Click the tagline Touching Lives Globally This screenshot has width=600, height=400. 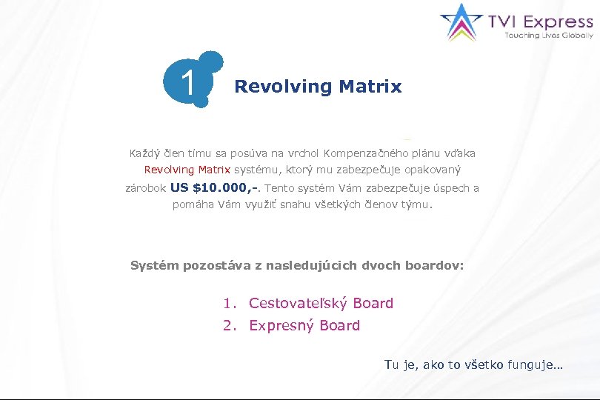click(549, 36)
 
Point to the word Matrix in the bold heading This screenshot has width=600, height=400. click(370, 87)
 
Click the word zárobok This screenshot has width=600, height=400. click(146, 188)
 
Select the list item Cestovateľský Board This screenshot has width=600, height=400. click(321, 303)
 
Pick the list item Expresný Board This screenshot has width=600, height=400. click(304, 325)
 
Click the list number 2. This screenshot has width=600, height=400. click(229, 325)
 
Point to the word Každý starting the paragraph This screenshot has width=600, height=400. click(146, 154)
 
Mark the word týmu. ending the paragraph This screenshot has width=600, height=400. click(416, 204)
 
